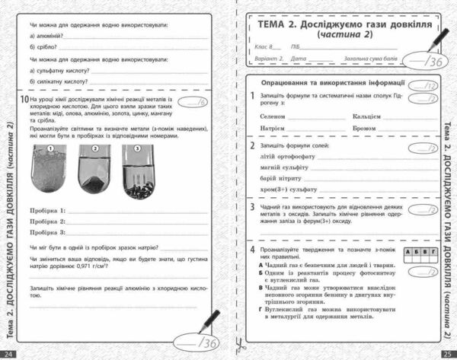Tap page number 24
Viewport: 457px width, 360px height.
8,353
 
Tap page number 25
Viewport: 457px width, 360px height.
447,353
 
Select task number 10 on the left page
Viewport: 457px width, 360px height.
25,100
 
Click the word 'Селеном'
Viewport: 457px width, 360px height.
272,116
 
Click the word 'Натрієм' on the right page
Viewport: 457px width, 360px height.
272,129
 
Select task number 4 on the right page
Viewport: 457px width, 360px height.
253,249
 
